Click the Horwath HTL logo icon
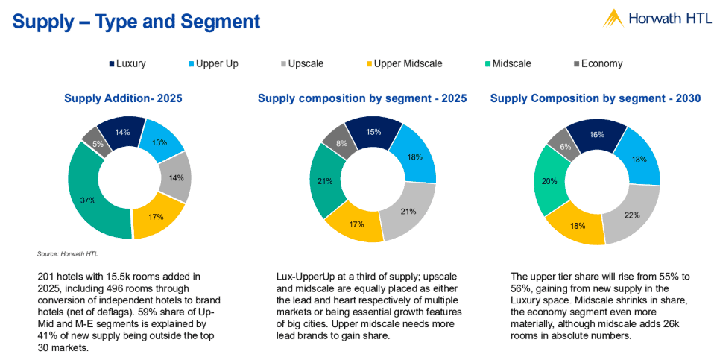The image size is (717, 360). pos(613,18)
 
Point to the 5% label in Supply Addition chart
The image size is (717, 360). pos(98,144)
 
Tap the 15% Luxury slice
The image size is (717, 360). pos(374,132)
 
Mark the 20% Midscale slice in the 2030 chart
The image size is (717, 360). pos(549,181)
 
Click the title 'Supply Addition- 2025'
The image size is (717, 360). pos(123,98)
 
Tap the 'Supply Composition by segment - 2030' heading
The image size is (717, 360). pos(595,98)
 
